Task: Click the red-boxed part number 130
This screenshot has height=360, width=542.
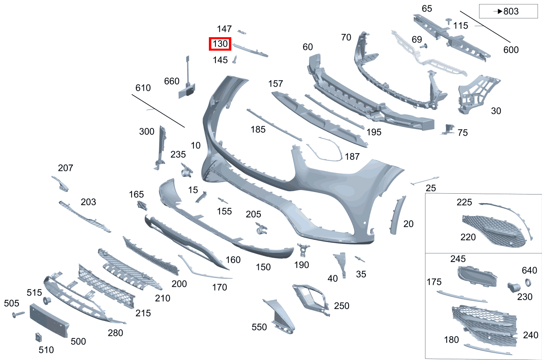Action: pos(220,44)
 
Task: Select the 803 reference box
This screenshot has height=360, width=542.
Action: pos(508,11)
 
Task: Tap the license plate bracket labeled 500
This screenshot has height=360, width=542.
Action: pos(49,320)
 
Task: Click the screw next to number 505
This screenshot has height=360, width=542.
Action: pos(18,314)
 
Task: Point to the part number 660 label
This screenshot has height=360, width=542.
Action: pos(172,81)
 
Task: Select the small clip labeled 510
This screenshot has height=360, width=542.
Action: pos(37,338)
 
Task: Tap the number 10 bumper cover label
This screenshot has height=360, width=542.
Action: pos(195,145)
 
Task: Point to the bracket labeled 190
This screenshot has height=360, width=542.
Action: pos(303,250)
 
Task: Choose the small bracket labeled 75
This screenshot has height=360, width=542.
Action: pos(448,129)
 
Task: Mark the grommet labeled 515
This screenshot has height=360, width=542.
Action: pos(47,301)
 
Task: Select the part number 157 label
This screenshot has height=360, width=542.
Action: pos(275,84)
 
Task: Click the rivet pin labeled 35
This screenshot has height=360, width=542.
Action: pos(360,259)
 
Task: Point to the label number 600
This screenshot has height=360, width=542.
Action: pos(511,50)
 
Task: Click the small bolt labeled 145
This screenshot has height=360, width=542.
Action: pos(235,60)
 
